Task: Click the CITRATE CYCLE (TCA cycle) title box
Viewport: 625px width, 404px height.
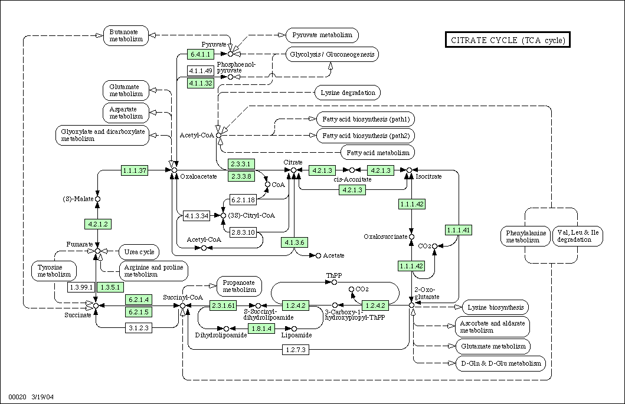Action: click(508, 40)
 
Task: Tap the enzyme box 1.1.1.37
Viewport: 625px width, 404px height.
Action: click(134, 170)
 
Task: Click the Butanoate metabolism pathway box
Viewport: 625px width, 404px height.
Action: click(126, 35)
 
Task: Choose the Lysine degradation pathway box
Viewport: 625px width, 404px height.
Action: click(348, 93)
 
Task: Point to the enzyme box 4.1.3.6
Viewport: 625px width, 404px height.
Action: click(294, 242)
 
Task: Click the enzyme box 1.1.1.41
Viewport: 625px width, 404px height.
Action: click(459, 230)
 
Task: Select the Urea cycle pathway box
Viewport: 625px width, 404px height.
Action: click(139, 252)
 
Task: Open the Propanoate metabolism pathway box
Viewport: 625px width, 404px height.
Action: click(240, 285)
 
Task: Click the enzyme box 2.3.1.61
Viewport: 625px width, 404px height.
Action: click(223, 306)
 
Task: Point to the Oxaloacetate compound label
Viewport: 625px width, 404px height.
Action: click(198, 176)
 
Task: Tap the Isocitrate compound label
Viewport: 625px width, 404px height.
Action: click(428, 176)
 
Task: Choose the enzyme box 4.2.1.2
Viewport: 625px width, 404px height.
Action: click(98, 224)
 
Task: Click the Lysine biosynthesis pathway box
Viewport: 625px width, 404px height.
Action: click(495, 307)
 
